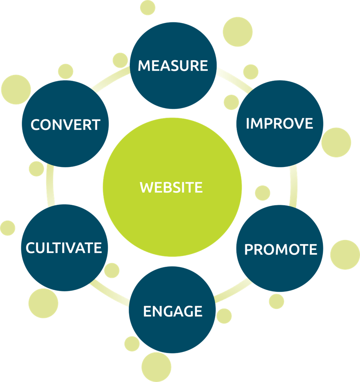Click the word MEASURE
click(x=173, y=66)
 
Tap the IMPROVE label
click(x=279, y=123)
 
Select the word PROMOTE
click(x=281, y=249)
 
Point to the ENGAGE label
click(x=173, y=311)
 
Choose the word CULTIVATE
click(x=64, y=248)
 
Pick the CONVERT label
click(x=65, y=124)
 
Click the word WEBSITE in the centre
click(x=172, y=187)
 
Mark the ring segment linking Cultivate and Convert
click(x=50, y=187)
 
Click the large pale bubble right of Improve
click(x=336, y=142)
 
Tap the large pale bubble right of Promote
click(x=345, y=255)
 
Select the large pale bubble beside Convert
click(x=16, y=90)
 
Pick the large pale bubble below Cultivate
click(x=43, y=303)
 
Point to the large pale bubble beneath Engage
click(x=156, y=367)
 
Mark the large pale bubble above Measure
click(x=238, y=32)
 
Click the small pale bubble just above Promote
click(x=263, y=193)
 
